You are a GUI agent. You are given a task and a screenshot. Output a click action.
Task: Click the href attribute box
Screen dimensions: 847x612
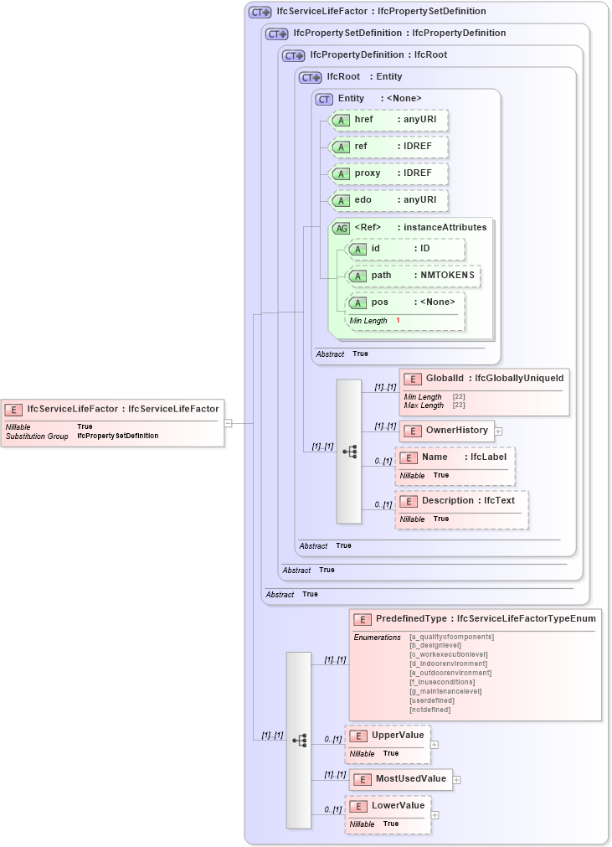[x=388, y=120]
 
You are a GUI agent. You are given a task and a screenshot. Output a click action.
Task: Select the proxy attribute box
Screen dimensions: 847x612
[x=388, y=173]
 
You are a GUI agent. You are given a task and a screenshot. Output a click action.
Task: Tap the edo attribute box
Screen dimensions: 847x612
[x=388, y=200]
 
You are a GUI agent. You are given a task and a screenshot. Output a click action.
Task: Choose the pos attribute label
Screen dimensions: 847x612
[x=379, y=302]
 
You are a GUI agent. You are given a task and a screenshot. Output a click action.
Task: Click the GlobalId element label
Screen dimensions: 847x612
[x=445, y=379]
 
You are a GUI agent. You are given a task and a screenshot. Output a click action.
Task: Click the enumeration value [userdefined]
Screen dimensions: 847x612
[x=432, y=700]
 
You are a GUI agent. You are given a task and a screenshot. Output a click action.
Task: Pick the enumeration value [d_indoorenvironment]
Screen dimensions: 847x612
[x=448, y=664]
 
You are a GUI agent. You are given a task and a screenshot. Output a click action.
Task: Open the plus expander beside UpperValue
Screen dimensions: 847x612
[x=435, y=743]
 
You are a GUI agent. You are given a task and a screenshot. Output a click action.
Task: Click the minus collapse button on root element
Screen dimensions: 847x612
[x=228, y=423]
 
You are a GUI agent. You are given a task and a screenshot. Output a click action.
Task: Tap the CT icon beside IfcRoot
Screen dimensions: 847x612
[x=311, y=77]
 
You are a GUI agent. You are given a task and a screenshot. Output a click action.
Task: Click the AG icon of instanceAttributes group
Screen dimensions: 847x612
[x=341, y=228]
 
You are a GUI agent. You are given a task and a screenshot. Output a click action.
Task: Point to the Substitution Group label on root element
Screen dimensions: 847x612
[x=37, y=436]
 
